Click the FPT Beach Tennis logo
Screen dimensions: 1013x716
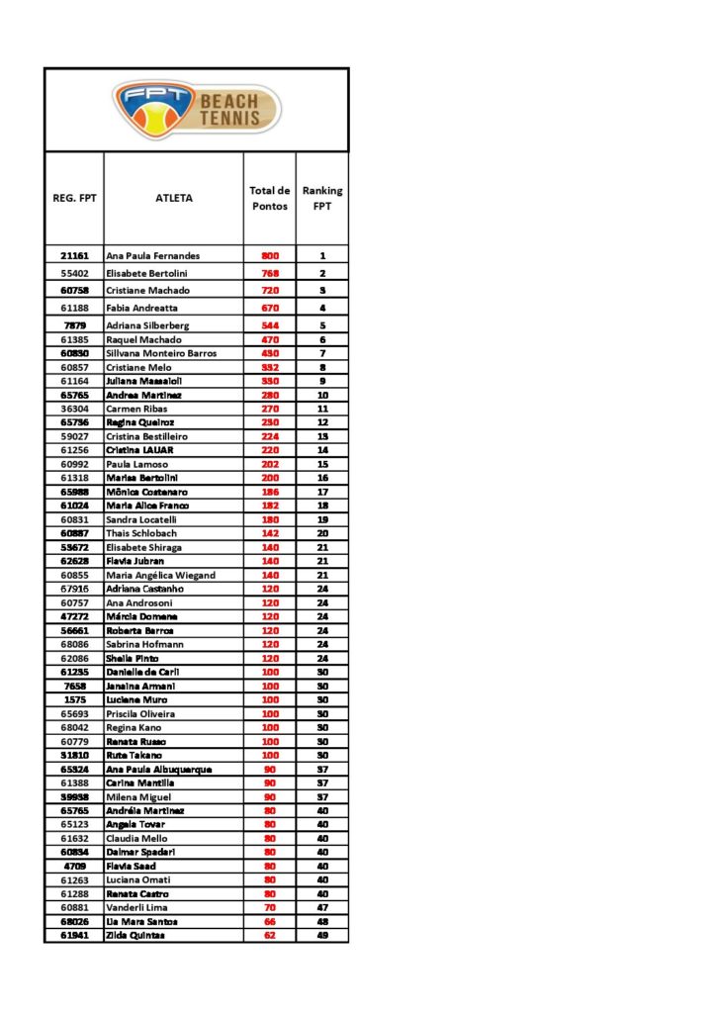(197, 110)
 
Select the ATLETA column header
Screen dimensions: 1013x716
(174, 198)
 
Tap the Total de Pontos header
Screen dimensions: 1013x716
(269, 198)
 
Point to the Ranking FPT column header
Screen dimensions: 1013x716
(322, 198)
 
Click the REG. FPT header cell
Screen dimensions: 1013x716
(74, 198)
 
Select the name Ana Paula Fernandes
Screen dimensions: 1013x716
(152, 255)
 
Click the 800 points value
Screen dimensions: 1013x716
(270, 255)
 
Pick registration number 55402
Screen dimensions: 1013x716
(74, 273)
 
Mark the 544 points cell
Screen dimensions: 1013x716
(270, 325)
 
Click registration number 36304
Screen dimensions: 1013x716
(74, 409)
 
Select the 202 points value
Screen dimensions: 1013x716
(270, 464)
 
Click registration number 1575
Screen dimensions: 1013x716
(74, 699)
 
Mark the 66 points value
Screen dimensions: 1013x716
(270, 921)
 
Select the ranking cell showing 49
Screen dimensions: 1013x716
(322, 935)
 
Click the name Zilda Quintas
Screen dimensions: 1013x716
(135, 935)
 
